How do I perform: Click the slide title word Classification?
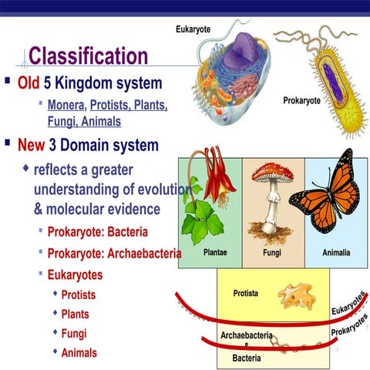coord(88,56)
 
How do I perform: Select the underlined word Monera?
coord(66,105)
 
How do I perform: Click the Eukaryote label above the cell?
coord(193,29)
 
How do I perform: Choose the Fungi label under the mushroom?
coord(271,252)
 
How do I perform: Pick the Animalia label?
coord(336,252)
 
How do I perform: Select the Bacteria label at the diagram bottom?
coord(247,358)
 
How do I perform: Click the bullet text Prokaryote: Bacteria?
coord(97,231)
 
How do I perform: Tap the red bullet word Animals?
coord(79,352)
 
